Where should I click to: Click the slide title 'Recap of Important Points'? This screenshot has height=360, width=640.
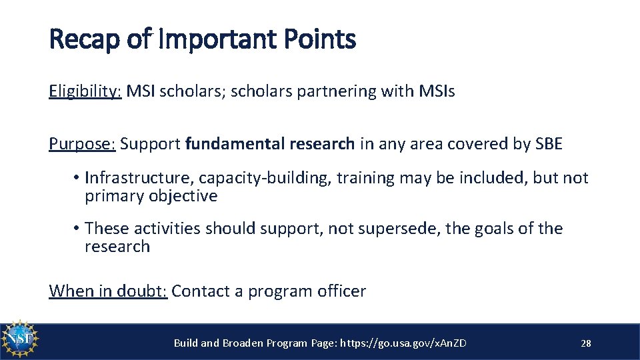(202, 40)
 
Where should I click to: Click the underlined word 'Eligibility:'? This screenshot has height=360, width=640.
(85, 92)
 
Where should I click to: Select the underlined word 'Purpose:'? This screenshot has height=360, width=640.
(82, 144)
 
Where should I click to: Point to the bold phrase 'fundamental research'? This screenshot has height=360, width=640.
(270, 144)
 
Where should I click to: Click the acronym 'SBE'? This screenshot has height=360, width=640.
(549, 144)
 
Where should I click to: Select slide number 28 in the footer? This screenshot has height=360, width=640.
(586, 343)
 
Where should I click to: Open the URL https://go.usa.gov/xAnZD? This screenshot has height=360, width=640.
(403, 343)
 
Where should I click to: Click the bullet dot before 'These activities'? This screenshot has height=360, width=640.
(77, 229)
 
